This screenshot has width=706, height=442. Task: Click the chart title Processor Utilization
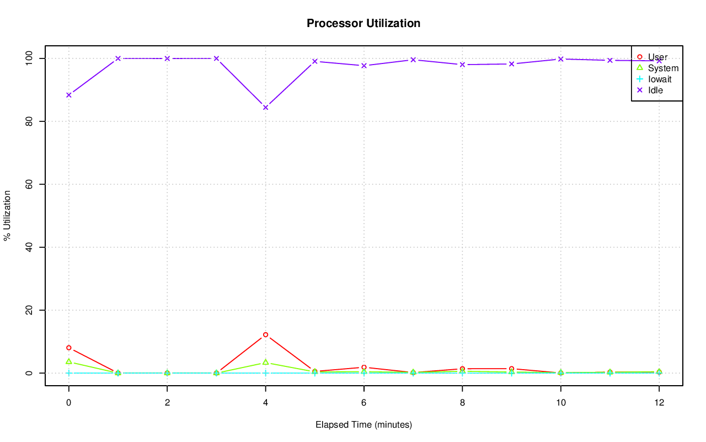pos(363,23)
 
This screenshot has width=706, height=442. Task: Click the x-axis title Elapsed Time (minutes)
pos(363,425)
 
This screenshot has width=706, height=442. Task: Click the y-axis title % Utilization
pos(7,215)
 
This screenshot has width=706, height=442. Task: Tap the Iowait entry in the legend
pos(660,79)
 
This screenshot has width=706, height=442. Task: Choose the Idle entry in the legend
pos(655,90)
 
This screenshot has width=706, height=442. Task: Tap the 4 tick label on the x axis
pos(265,403)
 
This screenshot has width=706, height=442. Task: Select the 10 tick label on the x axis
pos(560,403)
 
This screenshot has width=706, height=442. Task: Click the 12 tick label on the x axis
pos(659,403)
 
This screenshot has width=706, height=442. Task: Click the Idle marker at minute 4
pos(265,108)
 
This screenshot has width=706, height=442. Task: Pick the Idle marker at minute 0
pos(68,95)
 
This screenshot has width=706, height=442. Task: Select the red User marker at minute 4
pos(265,335)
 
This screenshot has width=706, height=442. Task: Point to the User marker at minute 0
pos(68,348)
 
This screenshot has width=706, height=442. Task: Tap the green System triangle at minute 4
pos(265,362)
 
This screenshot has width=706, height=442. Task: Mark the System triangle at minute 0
pos(68,361)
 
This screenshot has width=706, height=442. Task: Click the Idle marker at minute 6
pos(364,66)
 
